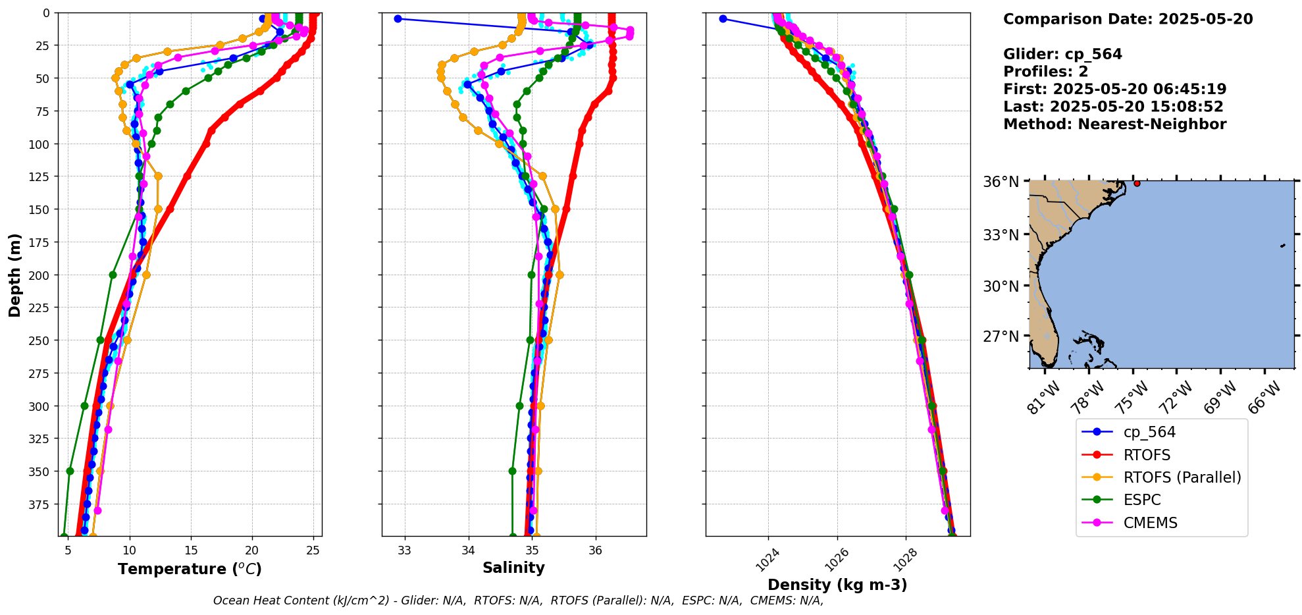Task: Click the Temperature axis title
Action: click(190, 569)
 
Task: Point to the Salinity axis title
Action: click(513, 568)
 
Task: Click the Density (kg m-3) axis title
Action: click(837, 585)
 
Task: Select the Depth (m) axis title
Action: click(14, 275)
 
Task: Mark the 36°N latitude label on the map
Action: click(1001, 182)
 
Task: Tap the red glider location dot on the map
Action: click(1137, 183)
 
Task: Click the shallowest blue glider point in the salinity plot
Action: click(398, 18)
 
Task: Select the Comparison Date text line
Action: click(1128, 19)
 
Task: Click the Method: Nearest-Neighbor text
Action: click(1114, 124)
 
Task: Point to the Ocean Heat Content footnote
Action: click(518, 601)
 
